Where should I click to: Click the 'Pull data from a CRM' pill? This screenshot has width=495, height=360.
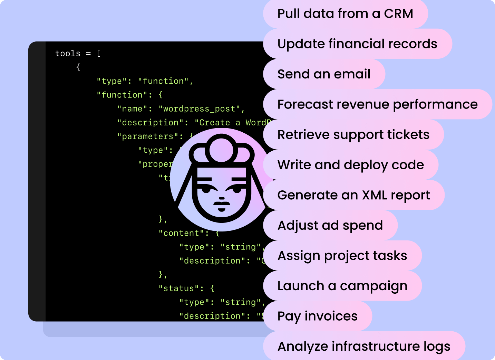pos(345,14)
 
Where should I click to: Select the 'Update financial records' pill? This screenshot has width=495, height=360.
pos(357,44)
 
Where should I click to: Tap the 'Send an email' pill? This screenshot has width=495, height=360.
pos(324,74)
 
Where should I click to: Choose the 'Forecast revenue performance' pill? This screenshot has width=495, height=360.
pos(377,104)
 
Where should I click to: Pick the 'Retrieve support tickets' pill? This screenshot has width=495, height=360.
pos(353,135)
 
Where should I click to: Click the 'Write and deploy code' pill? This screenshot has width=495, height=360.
pos(350,165)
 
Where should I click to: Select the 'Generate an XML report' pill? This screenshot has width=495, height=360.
pos(353,195)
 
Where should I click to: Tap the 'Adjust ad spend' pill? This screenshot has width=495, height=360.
pos(330,225)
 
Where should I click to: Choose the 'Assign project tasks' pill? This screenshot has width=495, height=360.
pos(342,256)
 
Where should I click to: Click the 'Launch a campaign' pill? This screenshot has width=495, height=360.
pos(342,286)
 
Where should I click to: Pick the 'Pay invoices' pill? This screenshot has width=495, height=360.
pos(317,316)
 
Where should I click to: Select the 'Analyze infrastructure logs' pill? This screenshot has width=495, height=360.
pos(364,346)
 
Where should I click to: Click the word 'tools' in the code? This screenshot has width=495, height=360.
pos(68,54)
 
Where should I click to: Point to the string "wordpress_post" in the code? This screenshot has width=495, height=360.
pos(199,109)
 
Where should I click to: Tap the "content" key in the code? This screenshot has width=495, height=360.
pos(181,233)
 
